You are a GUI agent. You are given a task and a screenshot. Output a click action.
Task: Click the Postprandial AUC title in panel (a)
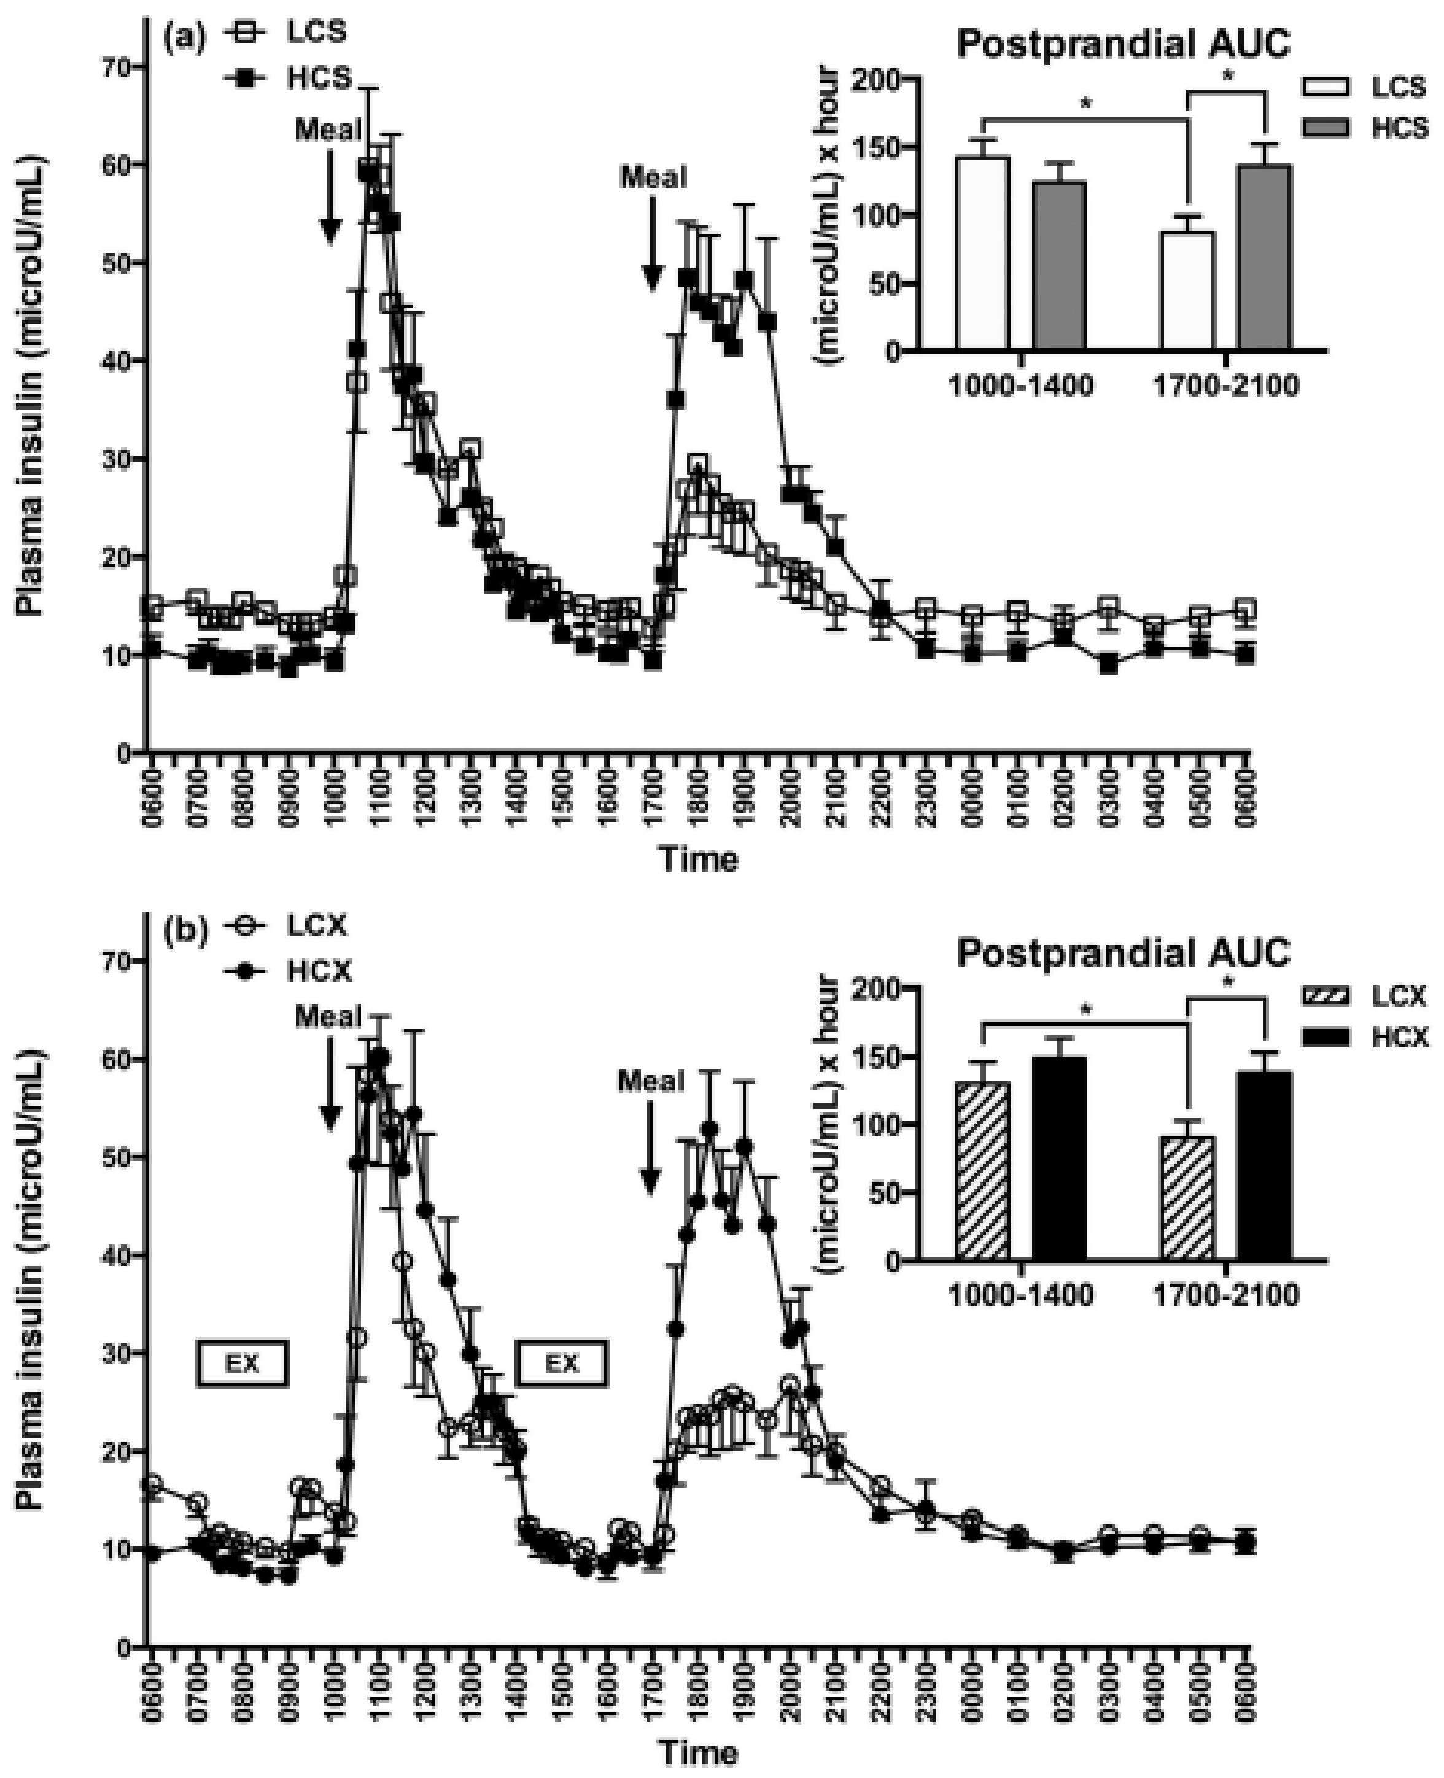[x=1123, y=43]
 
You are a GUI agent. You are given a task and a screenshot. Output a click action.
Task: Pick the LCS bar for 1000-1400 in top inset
[x=982, y=253]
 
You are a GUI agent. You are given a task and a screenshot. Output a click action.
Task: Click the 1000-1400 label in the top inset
[x=1022, y=387]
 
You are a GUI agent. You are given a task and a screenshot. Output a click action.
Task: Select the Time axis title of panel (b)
[x=699, y=1753]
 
